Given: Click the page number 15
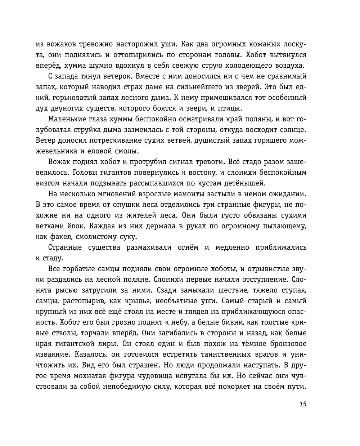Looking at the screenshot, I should tap(302, 404).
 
